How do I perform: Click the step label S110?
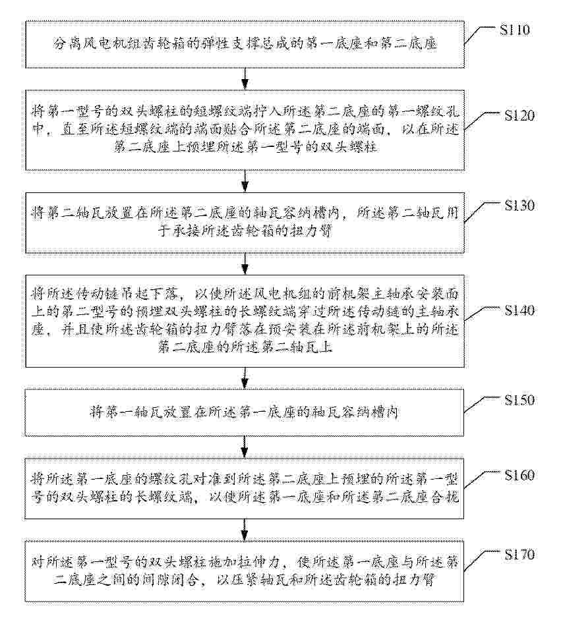(514, 30)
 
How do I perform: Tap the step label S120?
(519, 115)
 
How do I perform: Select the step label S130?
(519, 206)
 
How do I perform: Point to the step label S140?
(519, 310)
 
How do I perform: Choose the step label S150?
(519, 400)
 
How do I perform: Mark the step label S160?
(519, 475)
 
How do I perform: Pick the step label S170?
(519, 555)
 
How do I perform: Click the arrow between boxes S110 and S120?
(245, 79)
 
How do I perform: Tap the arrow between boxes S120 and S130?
(245, 181)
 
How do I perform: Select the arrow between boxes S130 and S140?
(245, 264)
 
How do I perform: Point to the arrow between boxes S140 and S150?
(245, 378)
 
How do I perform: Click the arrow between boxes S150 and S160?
(245, 447)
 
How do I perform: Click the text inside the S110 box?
(245, 43)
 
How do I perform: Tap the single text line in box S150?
(244, 412)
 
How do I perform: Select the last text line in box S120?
(245, 147)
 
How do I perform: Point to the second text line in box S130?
(245, 231)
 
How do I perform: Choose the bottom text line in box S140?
(245, 347)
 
